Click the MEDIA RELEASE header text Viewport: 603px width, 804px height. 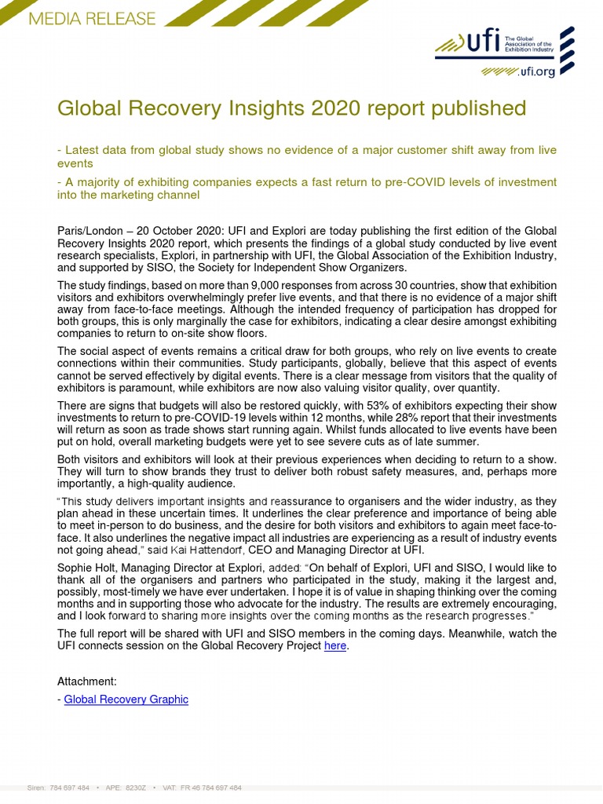(91, 19)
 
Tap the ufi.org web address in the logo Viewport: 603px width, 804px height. (536, 71)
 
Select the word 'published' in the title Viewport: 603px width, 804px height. (481, 108)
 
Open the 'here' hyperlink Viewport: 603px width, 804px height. (335, 645)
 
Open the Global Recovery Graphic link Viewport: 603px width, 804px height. (126, 699)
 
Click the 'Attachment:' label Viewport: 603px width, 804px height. (86, 682)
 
